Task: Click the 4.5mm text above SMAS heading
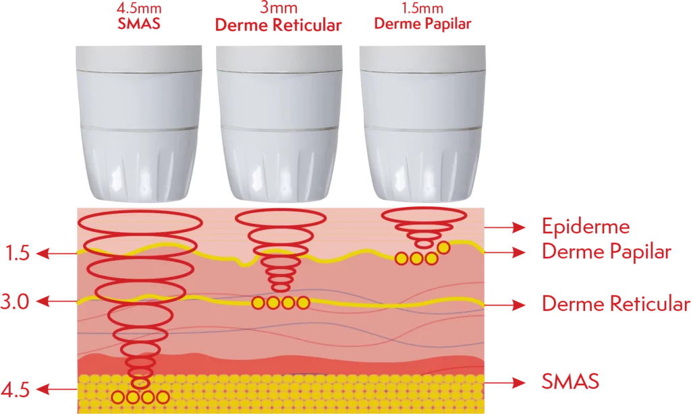click(139, 8)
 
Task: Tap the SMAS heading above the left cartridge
click(139, 24)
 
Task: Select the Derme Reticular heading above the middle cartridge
click(278, 25)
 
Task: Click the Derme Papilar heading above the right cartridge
click(422, 24)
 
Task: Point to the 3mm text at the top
click(279, 7)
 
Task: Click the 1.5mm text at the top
click(422, 8)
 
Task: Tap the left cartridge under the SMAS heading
click(139, 124)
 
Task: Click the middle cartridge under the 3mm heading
click(279, 124)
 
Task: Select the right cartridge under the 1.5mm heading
click(422, 124)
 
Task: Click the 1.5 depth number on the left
click(17, 254)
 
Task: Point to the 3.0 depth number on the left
click(15, 302)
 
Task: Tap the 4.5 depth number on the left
click(16, 390)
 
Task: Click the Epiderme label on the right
click(586, 227)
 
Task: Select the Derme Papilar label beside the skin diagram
click(607, 252)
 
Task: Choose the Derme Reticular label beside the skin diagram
click(615, 304)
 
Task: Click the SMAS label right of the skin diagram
click(570, 382)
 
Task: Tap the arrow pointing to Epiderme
click(505, 227)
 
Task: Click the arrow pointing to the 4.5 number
click(57, 389)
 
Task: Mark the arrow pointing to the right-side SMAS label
click(505, 382)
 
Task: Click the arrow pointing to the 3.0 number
click(57, 301)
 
